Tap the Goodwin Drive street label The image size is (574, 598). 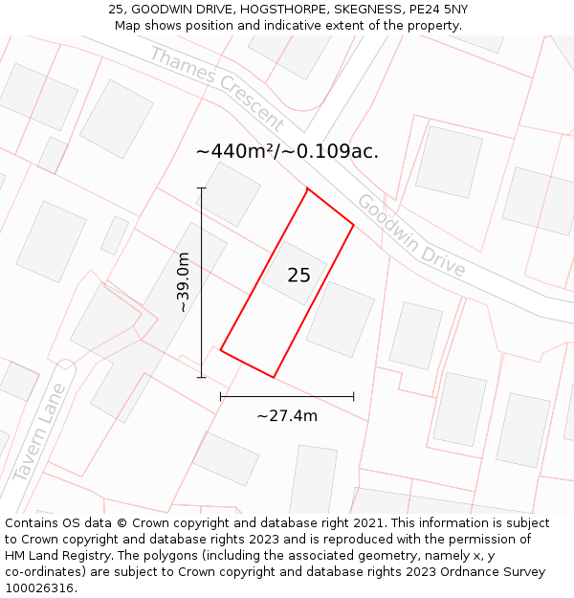pos(411,235)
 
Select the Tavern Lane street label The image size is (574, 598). pos(40,432)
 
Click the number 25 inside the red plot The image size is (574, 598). pos(298,276)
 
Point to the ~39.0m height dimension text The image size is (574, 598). pos(183,282)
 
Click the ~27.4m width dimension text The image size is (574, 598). pos(287,415)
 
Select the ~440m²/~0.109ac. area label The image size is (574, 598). pos(287,151)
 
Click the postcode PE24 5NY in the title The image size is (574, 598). pos(435,10)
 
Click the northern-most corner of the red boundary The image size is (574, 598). pos(307,188)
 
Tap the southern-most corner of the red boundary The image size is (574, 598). pos(274,377)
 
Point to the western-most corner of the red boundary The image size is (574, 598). pos(221,350)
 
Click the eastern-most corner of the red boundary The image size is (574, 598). pos(354,225)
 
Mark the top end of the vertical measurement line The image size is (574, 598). pos(201,188)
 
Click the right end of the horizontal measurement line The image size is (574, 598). pos(354,395)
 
